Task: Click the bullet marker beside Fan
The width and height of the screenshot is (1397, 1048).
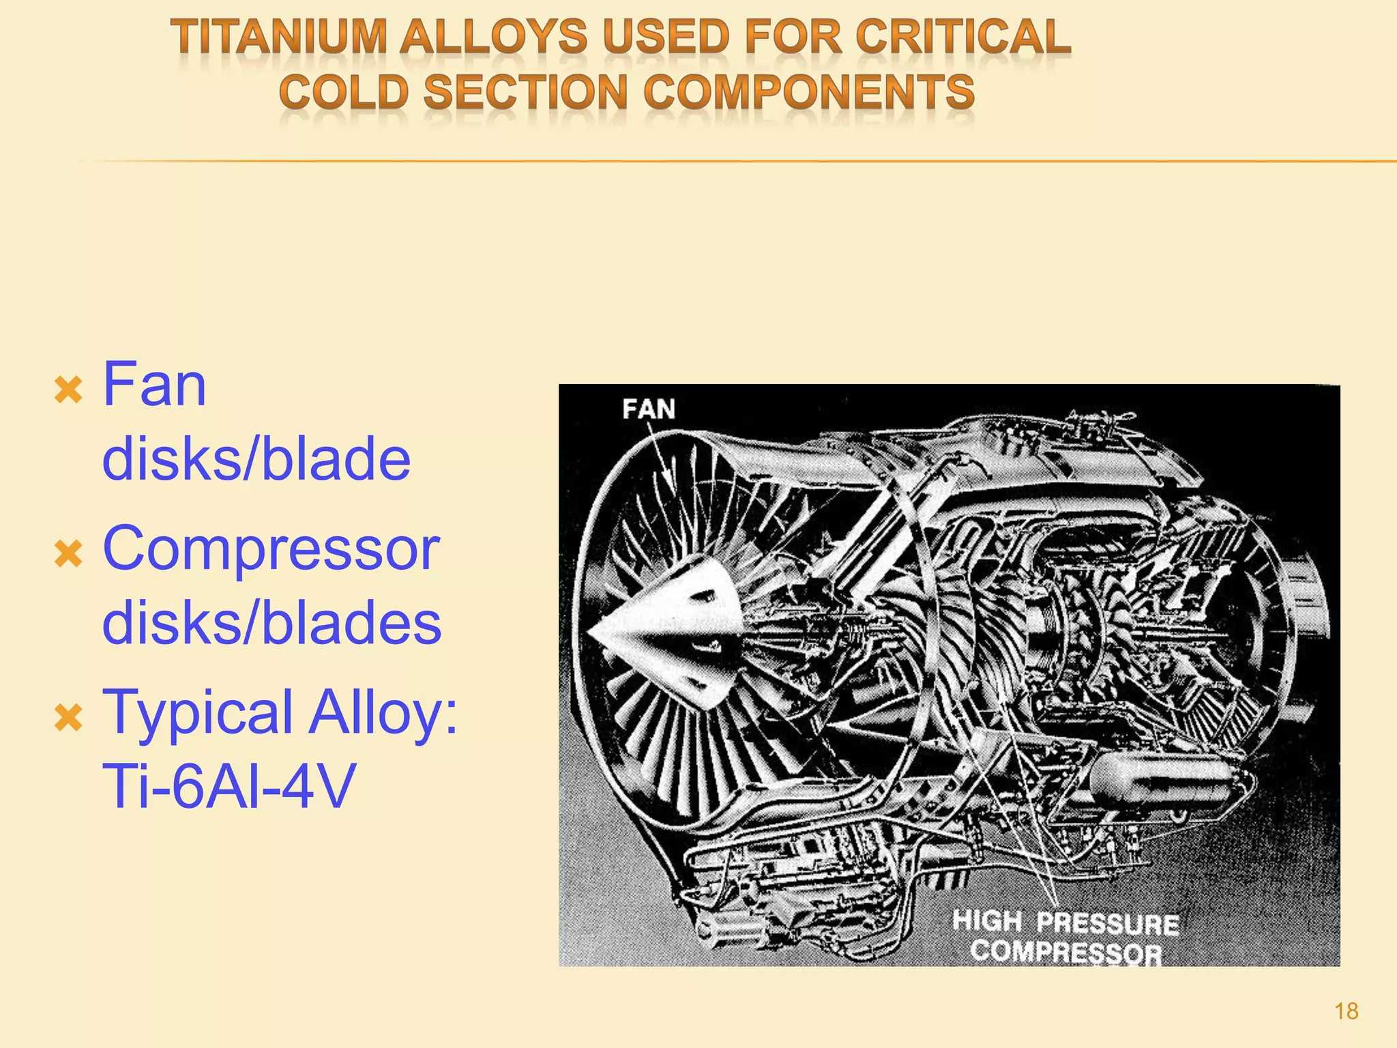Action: (x=68, y=391)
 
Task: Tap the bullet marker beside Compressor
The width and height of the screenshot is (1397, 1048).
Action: (x=68, y=553)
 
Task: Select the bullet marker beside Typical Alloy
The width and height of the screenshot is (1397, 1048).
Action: (x=68, y=718)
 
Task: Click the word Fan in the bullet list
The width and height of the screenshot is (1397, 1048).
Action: (x=154, y=385)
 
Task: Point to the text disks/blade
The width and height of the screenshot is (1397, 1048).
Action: (x=256, y=459)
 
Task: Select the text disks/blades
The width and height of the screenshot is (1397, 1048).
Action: (x=271, y=623)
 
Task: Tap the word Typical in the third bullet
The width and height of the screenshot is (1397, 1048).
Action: (x=198, y=713)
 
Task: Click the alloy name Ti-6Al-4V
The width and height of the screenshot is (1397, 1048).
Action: (x=229, y=787)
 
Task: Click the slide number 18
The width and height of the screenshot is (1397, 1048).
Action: (x=1346, y=1010)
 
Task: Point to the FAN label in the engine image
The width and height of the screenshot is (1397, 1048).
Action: (x=648, y=409)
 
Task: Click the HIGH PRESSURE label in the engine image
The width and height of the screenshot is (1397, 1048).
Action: (x=1065, y=922)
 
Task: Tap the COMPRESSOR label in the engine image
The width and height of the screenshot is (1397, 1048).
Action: (x=1065, y=952)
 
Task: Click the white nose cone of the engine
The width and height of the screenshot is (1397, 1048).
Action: (x=672, y=631)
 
